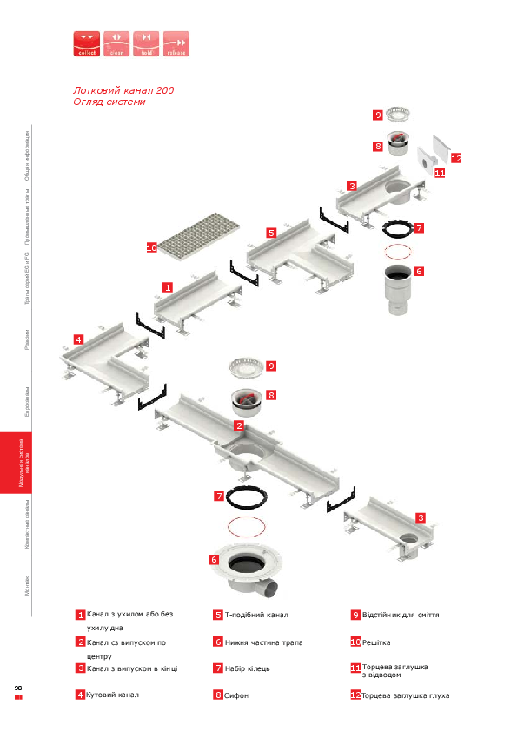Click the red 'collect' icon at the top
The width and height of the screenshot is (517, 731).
pyautogui.click(x=86, y=43)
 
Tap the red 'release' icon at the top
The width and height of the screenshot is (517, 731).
pyautogui.click(x=176, y=43)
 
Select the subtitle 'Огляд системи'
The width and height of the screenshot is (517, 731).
pyautogui.click(x=109, y=102)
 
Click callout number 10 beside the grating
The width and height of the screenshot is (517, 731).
pyautogui.click(x=151, y=247)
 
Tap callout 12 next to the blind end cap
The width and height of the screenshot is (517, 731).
pyautogui.click(x=455, y=158)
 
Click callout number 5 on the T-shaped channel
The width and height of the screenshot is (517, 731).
pyautogui.click(x=271, y=233)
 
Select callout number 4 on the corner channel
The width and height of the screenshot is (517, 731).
pyautogui.click(x=78, y=339)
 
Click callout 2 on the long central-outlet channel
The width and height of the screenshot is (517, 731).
pyautogui.click(x=238, y=425)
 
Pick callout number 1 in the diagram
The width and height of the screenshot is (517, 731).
pyautogui.click(x=168, y=286)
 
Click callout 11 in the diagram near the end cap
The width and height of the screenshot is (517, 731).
pyautogui.click(x=440, y=173)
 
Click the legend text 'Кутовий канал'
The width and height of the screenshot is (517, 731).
pyautogui.click(x=113, y=695)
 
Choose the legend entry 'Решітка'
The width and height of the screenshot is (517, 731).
pyautogui.click(x=376, y=642)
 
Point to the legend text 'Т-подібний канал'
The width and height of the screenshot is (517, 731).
pyautogui.click(x=256, y=615)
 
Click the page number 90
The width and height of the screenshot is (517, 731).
pyautogui.click(x=17, y=688)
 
